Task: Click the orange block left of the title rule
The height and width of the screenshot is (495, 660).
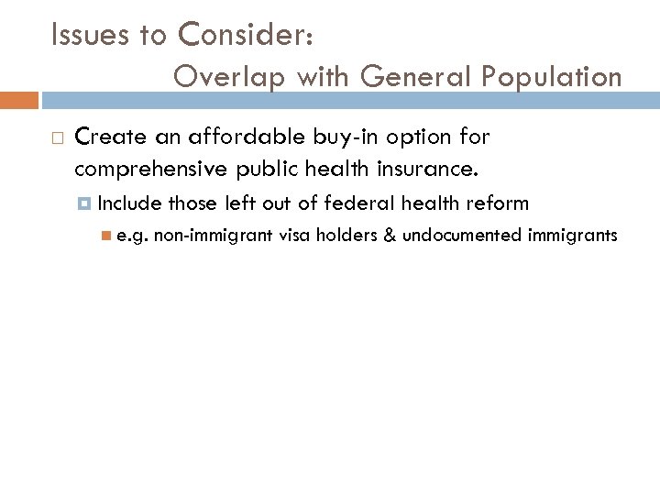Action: tap(19, 100)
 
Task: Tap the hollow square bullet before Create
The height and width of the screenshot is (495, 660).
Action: tap(57, 138)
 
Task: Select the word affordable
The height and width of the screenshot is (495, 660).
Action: tap(236, 137)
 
